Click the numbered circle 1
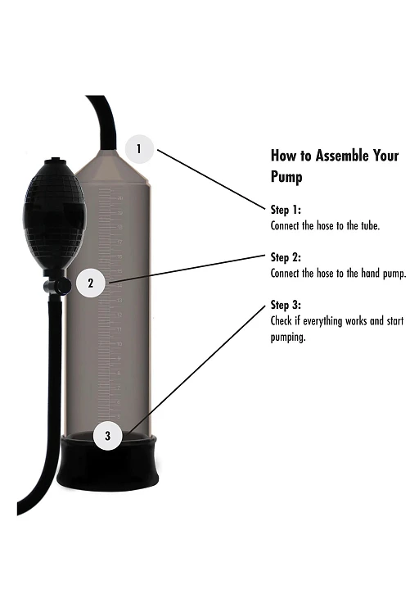coord(139,149)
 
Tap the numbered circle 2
coord(91,283)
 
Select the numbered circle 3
coord(108,436)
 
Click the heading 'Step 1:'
coord(286,210)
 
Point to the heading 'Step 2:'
coord(286,257)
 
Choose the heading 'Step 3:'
coord(286,305)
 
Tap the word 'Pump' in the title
coord(286,177)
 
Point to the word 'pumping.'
coord(288,338)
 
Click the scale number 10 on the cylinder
coord(119,344)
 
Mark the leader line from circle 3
coord(196,370)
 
